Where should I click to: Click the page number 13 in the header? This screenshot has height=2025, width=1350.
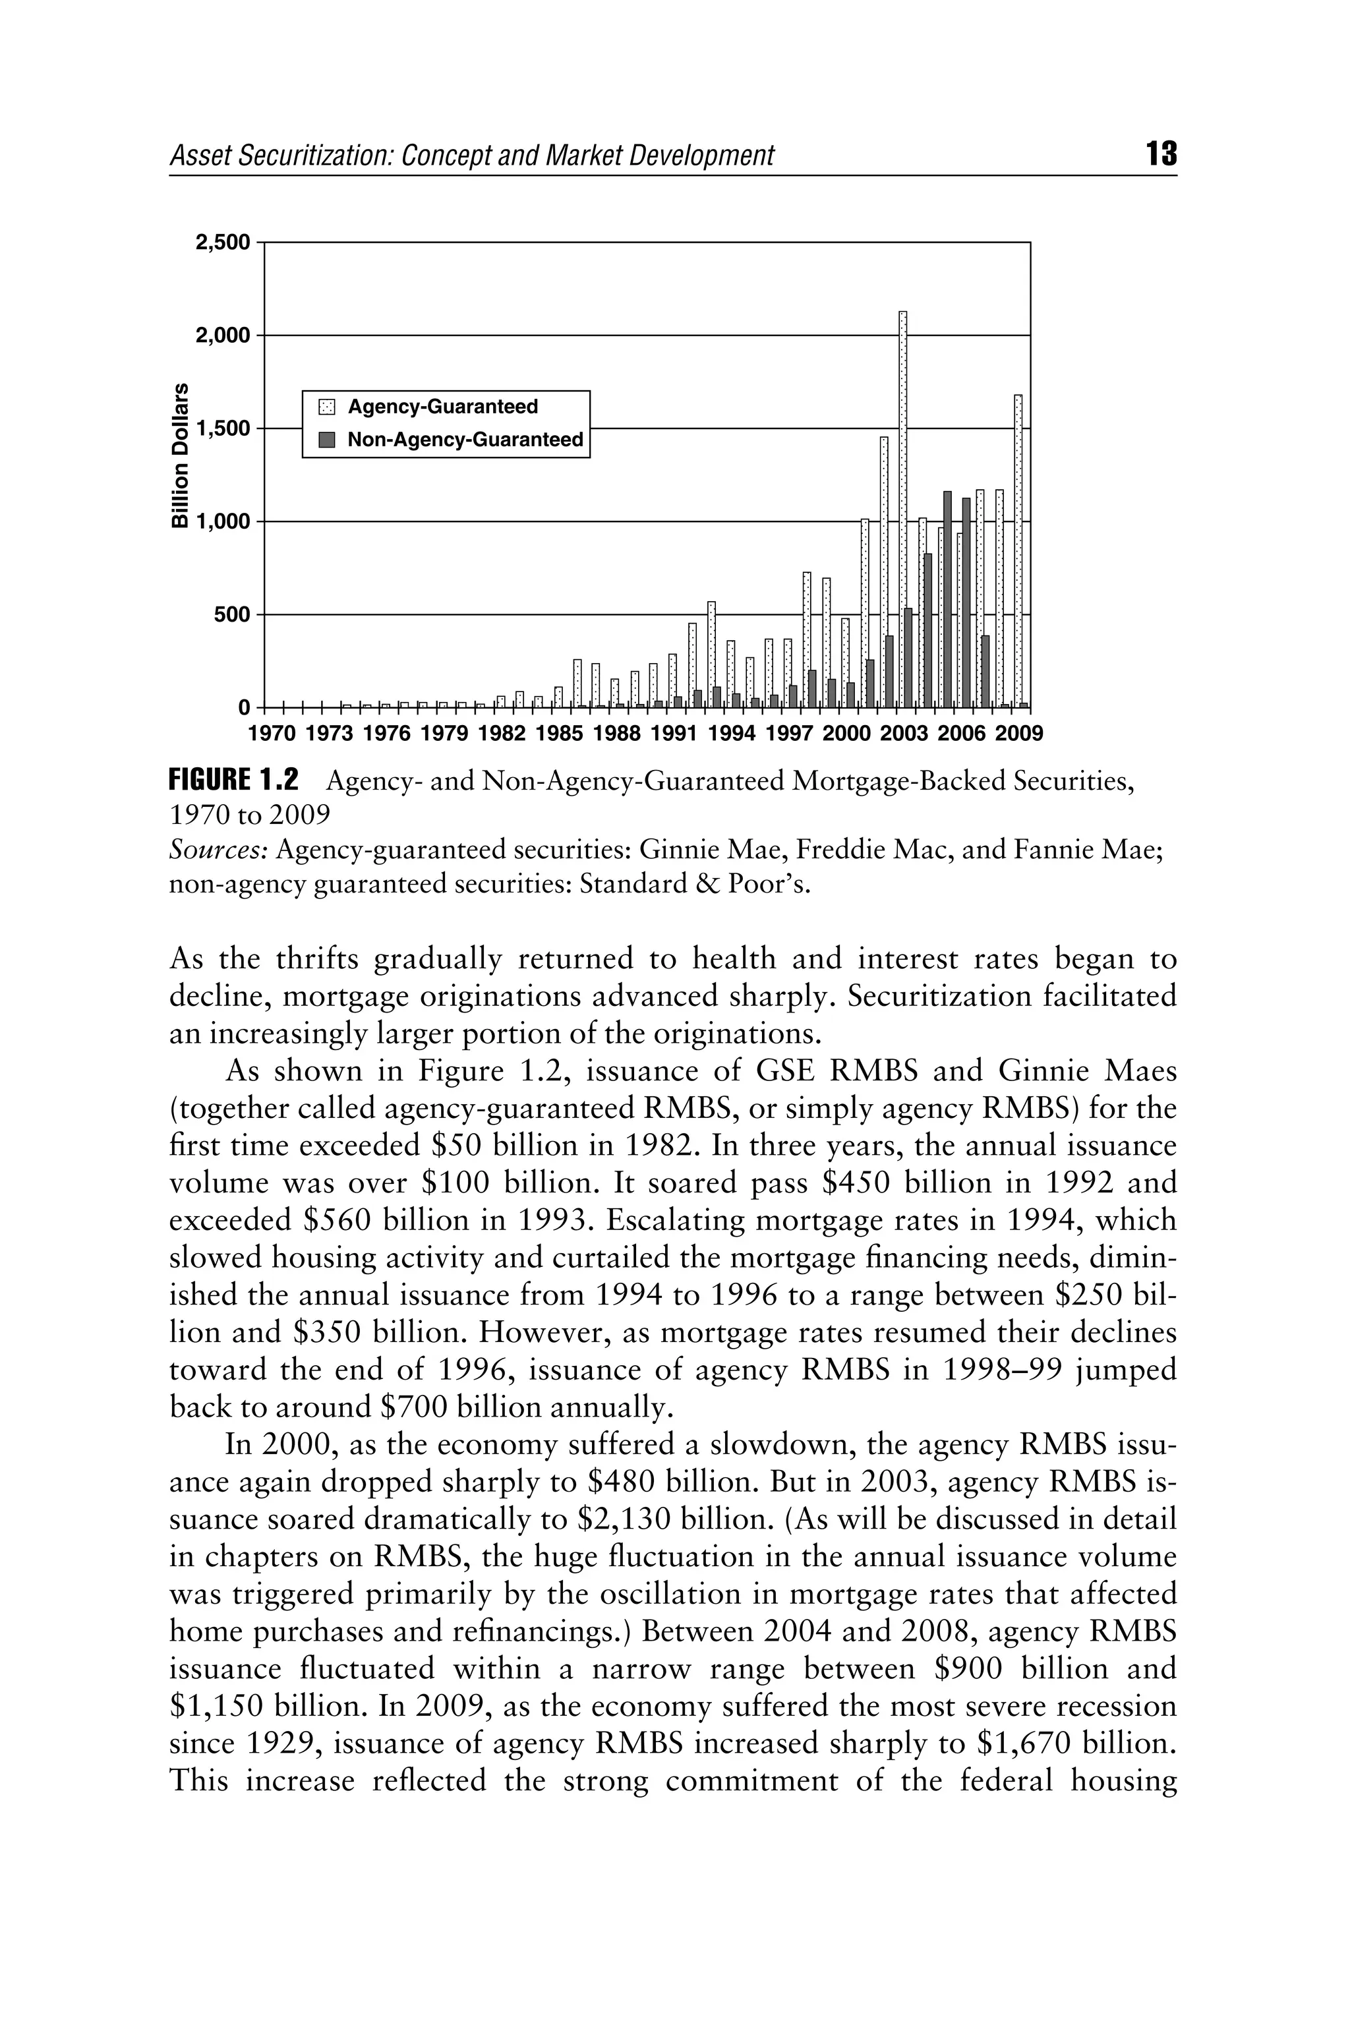1161,155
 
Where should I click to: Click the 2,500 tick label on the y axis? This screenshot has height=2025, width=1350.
223,243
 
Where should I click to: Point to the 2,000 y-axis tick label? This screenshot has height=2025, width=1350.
223,335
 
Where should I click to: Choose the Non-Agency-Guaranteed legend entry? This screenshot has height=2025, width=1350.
464,440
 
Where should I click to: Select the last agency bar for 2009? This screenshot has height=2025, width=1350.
1018,551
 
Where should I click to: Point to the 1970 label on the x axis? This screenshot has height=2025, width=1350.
271,734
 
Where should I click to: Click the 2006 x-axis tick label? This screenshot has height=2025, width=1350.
961,734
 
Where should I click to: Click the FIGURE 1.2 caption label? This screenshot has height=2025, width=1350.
234,781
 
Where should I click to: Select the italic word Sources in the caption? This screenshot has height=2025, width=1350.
220,850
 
